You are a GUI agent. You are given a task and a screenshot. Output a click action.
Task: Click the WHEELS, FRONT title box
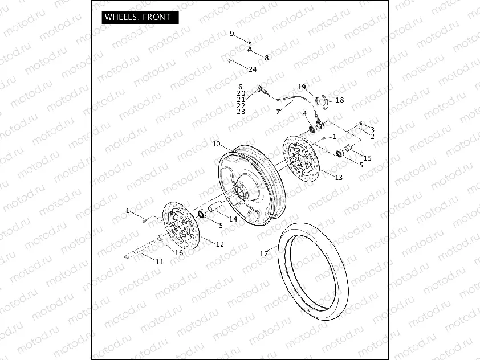point(137,17)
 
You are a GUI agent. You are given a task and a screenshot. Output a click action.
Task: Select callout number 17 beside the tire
point(264,253)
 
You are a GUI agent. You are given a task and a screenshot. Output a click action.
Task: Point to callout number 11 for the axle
point(160,261)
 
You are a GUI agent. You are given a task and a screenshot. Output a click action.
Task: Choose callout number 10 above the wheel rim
point(216,144)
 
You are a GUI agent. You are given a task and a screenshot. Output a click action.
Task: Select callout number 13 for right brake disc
point(339,178)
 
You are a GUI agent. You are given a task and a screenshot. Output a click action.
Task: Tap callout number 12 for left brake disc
point(220,244)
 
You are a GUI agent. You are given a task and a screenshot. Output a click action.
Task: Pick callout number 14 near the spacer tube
point(233,219)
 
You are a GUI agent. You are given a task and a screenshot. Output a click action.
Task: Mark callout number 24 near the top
point(253,69)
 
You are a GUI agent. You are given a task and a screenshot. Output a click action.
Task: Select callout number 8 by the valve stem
point(266,58)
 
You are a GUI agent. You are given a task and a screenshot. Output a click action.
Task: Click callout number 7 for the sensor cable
point(278,112)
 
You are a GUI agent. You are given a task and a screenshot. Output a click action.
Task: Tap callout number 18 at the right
point(340,100)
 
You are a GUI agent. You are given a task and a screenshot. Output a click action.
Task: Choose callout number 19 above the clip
point(302,87)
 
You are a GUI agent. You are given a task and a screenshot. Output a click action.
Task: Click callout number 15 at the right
point(368,158)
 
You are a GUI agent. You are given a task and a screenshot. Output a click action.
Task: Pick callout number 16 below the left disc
point(179,252)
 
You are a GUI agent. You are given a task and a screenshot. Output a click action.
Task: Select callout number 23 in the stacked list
point(241,112)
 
